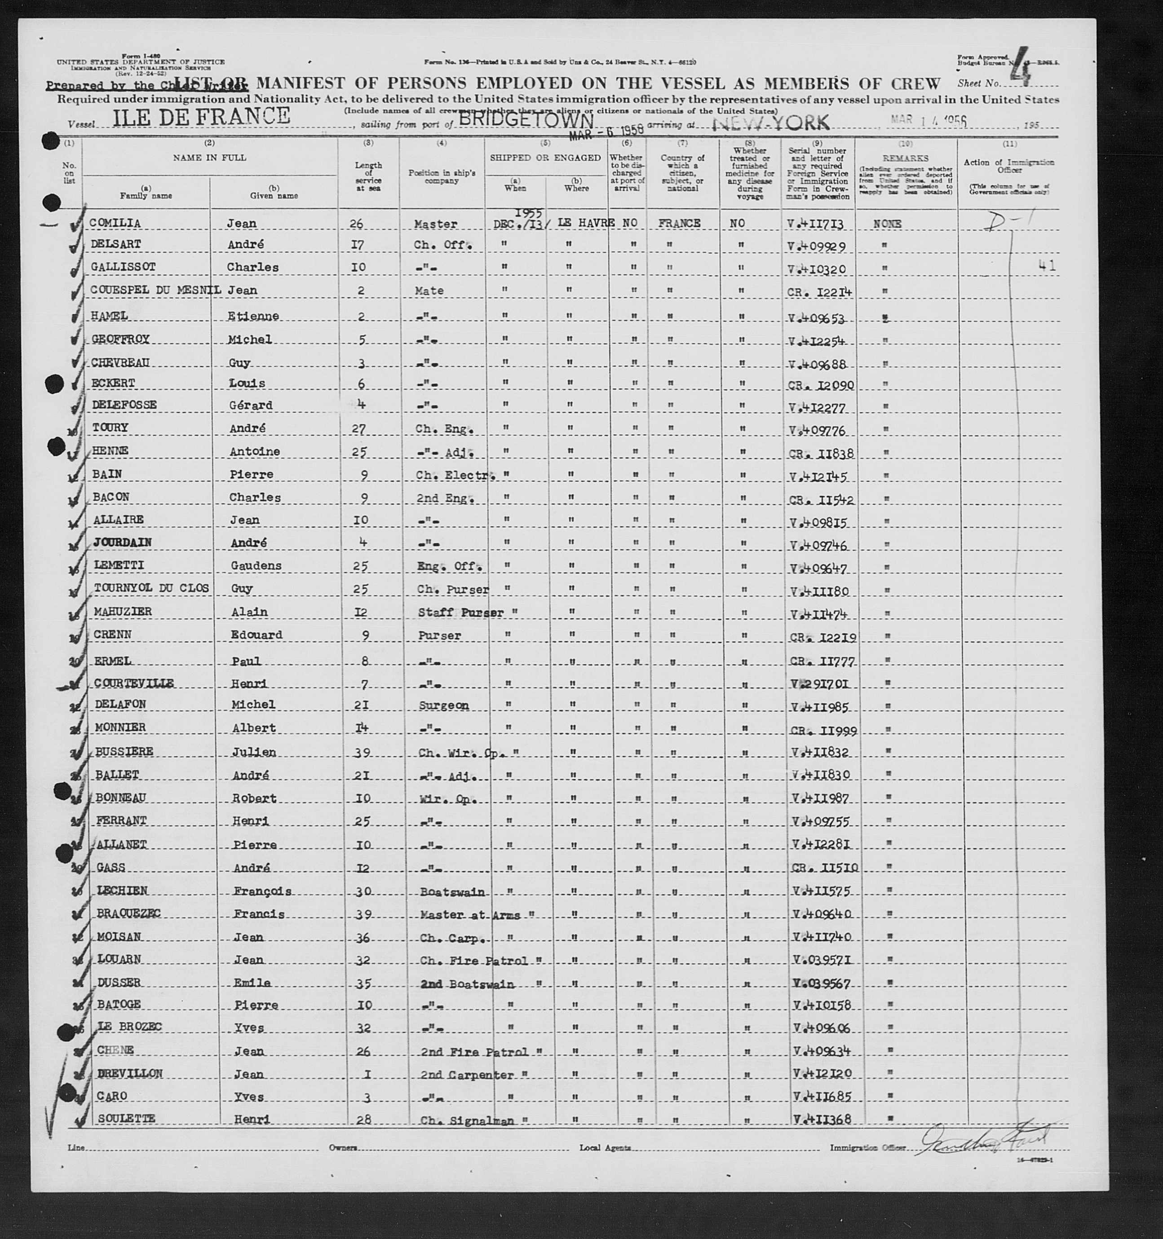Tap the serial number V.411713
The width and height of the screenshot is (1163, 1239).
pos(817,223)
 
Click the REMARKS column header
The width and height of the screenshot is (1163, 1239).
pos(906,159)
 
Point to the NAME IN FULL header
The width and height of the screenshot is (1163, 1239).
pos(209,158)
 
